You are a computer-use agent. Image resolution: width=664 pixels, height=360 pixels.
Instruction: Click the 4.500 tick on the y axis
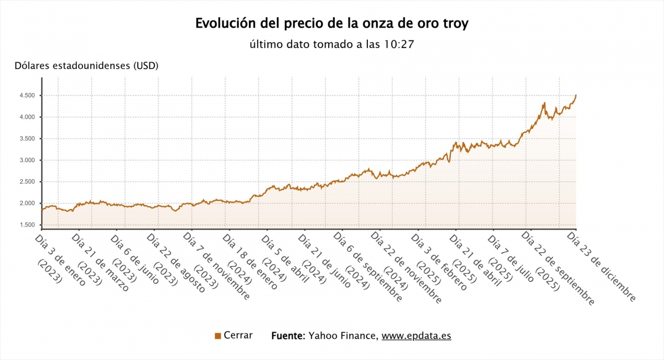[27, 96]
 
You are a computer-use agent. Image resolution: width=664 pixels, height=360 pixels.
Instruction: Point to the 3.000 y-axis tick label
[27, 160]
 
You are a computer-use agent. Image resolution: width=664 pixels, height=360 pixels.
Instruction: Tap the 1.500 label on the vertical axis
[27, 225]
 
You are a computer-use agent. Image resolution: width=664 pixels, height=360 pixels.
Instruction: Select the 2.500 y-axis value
[27, 182]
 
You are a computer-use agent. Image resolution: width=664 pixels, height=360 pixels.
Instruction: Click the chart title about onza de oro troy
[332, 24]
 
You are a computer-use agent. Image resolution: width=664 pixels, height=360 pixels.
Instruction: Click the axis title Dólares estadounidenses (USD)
[87, 66]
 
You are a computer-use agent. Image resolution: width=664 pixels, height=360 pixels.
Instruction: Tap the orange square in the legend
[217, 336]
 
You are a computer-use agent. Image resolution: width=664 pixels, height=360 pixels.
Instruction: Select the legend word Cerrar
[238, 335]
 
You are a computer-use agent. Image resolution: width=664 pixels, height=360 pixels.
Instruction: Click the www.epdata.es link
[416, 336]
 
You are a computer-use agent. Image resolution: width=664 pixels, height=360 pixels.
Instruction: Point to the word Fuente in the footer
[288, 336]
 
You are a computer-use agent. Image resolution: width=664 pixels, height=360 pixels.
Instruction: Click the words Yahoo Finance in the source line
[343, 336]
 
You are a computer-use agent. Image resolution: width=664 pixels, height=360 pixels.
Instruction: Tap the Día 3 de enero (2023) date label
[55, 260]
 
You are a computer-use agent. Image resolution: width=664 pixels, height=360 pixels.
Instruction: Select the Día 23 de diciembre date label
[602, 268]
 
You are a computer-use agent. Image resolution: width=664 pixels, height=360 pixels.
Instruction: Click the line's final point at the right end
[576, 95]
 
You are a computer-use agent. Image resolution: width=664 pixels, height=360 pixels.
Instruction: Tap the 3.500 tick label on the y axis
[27, 139]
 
